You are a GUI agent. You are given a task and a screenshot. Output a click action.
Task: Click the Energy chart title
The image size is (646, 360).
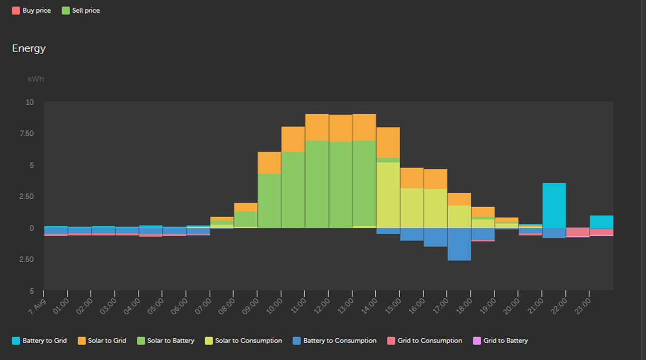pyautogui.click(x=29, y=48)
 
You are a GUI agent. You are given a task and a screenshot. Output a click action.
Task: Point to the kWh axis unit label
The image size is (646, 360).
pyautogui.click(x=36, y=79)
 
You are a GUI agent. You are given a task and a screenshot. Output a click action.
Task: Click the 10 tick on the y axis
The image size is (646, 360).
pyautogui.click(x=30, y=102)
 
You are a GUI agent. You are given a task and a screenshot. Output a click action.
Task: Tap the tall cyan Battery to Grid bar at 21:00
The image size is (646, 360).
pyautogui.click(x=554, y=205)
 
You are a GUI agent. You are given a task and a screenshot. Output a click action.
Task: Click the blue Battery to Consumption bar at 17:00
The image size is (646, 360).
pyautogui.click(x=459, y=244)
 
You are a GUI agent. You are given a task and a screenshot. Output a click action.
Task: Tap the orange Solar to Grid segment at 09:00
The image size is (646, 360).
pyautogui.click(x=269, y=162)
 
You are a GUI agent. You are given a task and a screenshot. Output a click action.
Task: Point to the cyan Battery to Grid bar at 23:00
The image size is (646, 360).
pyautogui.click(x=601, y=222)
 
